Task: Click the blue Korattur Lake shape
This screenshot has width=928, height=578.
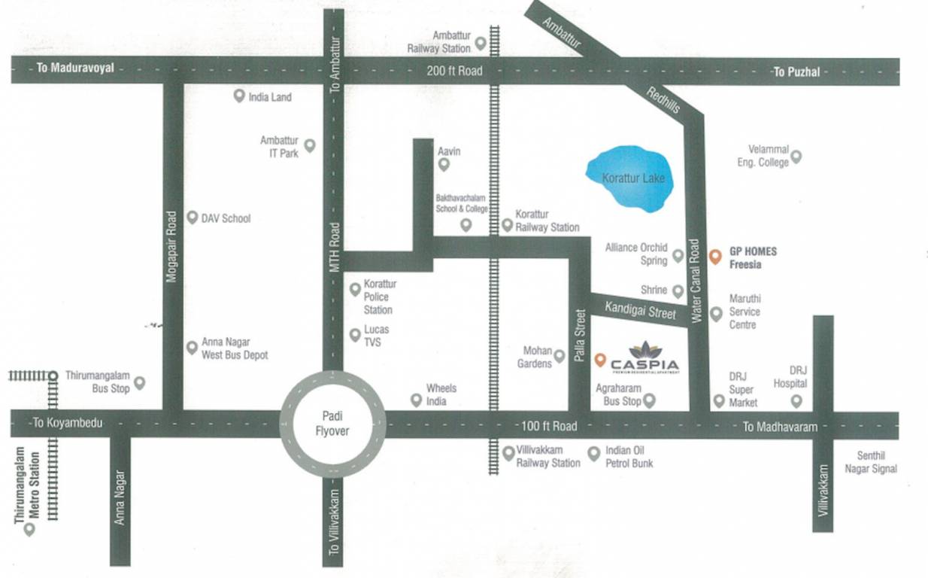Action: tap(630, 179)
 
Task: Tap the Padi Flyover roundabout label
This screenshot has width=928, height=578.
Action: tap(332, 424)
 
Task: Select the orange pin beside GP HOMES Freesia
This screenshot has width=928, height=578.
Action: tap(715, 255)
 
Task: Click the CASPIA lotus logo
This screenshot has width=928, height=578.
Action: tap(644, 350)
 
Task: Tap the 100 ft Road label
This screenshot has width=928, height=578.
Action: tap(549, 426)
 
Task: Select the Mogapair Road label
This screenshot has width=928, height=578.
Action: tap(172, 246)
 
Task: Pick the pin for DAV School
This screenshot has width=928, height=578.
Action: tap(192, 217)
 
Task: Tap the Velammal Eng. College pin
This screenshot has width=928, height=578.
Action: tap(796, 157)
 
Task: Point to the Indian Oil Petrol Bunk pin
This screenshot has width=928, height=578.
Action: tap(593, 452)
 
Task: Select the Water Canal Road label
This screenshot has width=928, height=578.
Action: tap(696, 281)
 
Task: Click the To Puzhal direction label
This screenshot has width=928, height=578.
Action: tap(796, 72)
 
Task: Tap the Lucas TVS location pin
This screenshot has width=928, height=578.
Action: tap(355, 335)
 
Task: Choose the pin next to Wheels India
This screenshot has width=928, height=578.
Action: tap(416, 400)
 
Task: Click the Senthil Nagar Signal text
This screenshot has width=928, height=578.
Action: tap(877, 462)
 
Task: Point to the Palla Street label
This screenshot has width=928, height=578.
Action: tap(579, 336)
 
